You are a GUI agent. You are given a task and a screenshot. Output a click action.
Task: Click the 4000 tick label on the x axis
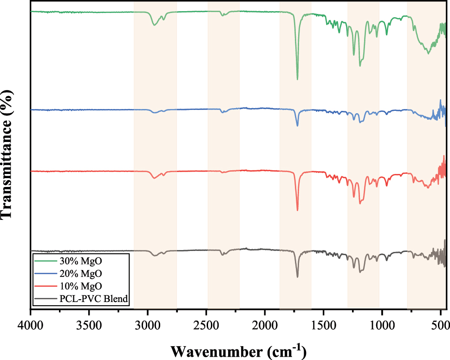click(x=31, y=324)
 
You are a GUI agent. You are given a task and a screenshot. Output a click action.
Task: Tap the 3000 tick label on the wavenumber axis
click(x=148, y=324)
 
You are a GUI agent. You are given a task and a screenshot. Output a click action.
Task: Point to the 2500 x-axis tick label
click(x=206, y=324)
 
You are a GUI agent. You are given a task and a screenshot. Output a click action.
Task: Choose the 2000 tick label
click(x=265, y=324)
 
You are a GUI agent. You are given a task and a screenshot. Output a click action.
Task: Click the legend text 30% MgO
click(x=81, y=261)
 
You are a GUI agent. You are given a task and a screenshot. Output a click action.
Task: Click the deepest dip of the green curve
click(x=297, y=79)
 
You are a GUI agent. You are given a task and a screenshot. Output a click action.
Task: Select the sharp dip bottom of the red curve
click(x=297, y=210)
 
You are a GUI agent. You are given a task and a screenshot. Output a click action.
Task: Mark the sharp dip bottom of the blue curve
click(x=297, y=126)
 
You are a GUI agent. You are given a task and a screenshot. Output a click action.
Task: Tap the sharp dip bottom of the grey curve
click(x=297, y=277)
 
